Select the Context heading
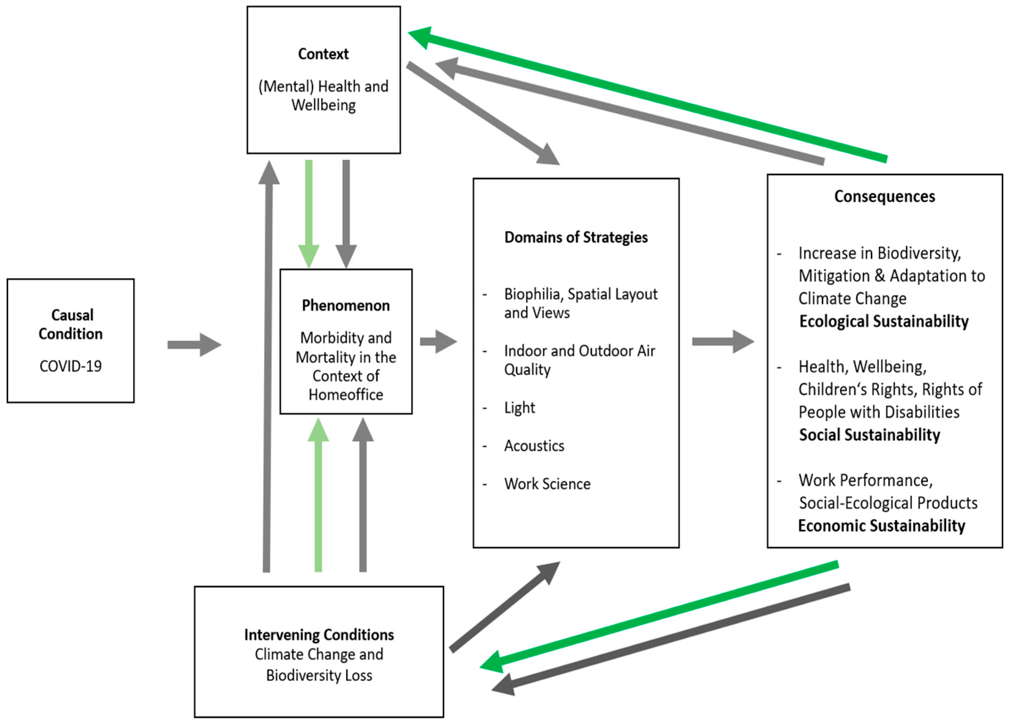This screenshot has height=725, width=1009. (323, 54)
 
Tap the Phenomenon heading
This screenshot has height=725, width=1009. (346, 305)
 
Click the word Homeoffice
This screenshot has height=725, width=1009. (346, 394)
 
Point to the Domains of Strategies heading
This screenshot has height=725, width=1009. (576, 237)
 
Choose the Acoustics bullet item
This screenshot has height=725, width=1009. (534, 446)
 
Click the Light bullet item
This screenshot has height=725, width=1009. (519, 408)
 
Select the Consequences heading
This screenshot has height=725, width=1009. (884, 196)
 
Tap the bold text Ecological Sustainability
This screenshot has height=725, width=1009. (883, 321)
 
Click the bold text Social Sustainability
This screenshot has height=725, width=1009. (869, 435)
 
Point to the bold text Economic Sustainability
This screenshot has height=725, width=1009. (881, 526)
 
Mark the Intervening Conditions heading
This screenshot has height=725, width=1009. (319, 635)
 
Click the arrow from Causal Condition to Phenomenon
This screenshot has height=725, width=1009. (194, 345)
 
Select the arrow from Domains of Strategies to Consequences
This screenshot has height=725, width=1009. (722, 342)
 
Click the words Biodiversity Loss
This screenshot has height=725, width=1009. (319, 676)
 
